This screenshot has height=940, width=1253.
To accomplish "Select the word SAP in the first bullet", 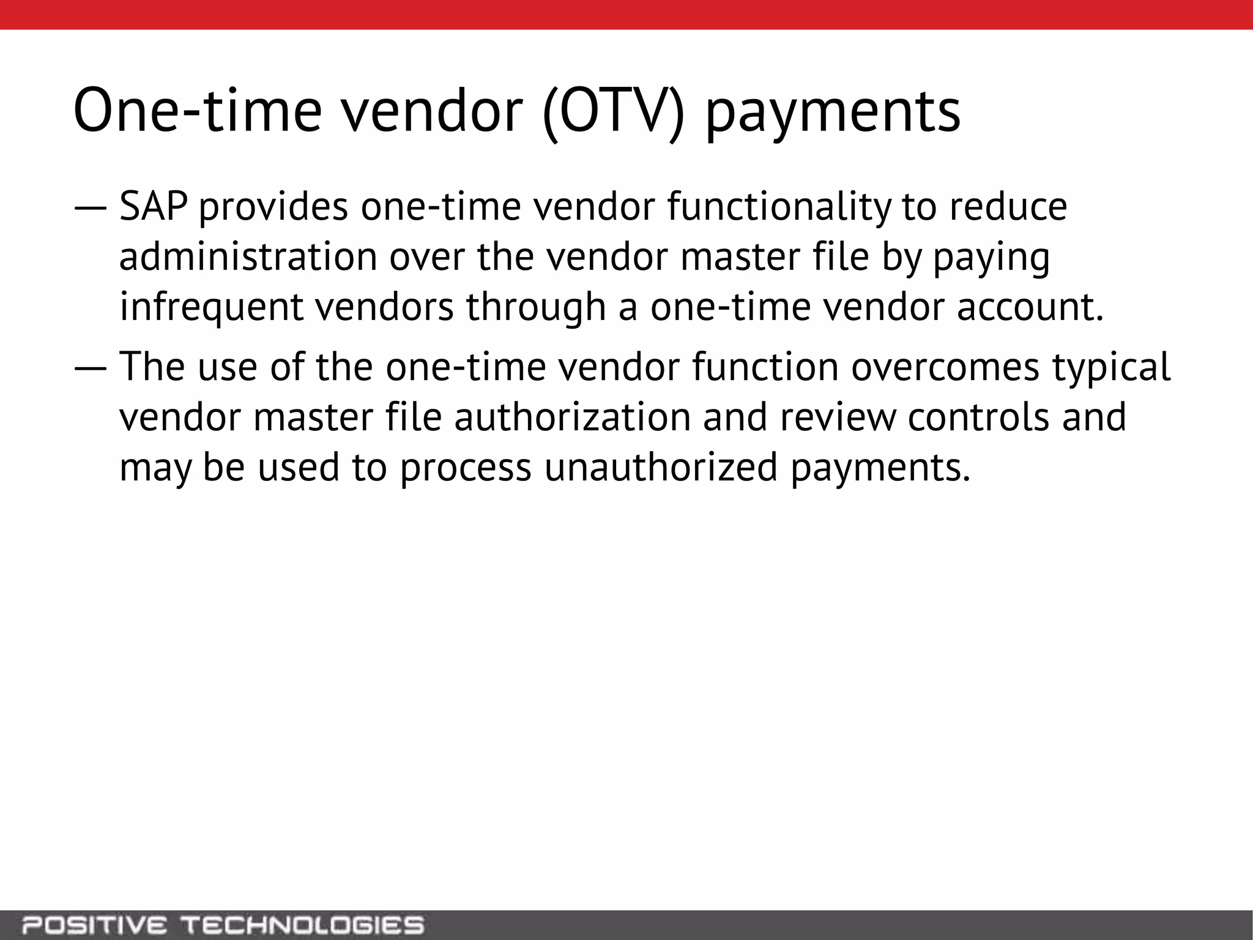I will [153, 207].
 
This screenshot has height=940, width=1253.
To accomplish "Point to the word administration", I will [248, 257].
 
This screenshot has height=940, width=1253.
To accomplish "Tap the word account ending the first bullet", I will [1030, 307].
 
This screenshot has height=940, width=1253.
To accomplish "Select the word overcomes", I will [945, 367].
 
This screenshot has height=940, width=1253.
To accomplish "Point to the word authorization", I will [571, 417].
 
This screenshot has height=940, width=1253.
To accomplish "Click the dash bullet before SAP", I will [91, 208].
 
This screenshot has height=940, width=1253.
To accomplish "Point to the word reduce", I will [1008, 207].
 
